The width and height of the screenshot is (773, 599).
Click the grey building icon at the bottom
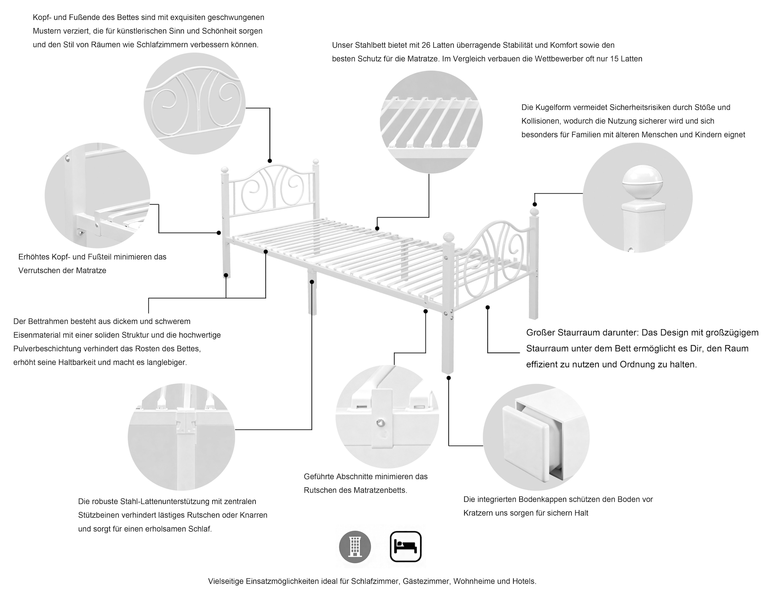355,546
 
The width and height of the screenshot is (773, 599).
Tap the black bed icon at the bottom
406,546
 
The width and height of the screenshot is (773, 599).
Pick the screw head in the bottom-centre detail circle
381,422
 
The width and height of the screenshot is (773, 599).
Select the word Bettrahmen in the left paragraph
51,322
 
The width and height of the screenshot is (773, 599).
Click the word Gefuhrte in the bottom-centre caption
319,477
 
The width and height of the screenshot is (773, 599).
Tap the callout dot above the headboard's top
270,161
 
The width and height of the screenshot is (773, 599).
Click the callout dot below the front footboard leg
448,378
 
